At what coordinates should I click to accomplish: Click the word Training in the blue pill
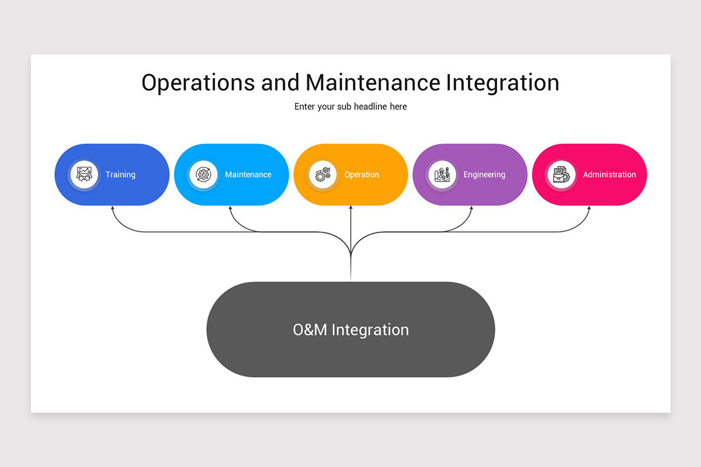(120, 175)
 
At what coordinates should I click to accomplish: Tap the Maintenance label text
(248, 175)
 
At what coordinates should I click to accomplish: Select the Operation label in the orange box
(362, 175)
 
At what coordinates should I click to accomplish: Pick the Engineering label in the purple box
(484, 175)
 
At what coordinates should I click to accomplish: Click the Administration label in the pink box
(609, 175)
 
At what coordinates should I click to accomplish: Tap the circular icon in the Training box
(84, 175)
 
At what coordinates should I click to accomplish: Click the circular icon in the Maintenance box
(203, 175)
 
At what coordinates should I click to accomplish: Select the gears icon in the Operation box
(322, 175)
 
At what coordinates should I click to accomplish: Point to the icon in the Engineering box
(442, 175)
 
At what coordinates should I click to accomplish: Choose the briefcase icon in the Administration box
(561, 175)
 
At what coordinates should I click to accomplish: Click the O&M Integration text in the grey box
(350, 330)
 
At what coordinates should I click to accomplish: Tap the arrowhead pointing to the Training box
(113, 208)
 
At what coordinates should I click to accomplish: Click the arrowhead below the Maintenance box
(230, 208)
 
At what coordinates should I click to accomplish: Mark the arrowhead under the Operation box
(350, 208)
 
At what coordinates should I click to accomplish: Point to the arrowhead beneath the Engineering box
(471, 208)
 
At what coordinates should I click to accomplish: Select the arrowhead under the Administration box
(589, 208)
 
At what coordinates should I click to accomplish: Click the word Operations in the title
(198, 83)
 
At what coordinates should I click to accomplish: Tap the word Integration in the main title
(502, 83)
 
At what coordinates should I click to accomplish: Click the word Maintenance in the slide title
(372, 83)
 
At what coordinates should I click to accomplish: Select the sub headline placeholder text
(350, 107)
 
